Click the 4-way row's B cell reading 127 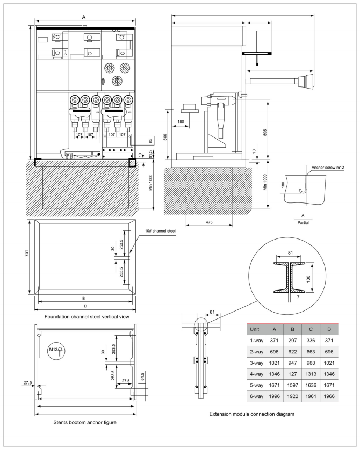pyautogui.click(x=292, y=374)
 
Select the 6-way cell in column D pyautogui.click(x=329, y=396)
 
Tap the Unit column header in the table pyautogui.click(x=254, y=329)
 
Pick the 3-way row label pyautogui.click(x=256, y=363)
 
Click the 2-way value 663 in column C pyautogui.click(x=311, y=352)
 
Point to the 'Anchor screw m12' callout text pyautogui.click(x=328, y=168)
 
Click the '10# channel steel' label pyautogui.click(x=160, y=231)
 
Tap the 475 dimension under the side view pyautogui.click(x=209, y=222)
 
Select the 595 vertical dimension pyautogui.click(x=265, y=132)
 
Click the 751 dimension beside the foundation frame pyautogui.click(x=26, y=253)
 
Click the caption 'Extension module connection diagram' pyautogui.click(x=252, y=414)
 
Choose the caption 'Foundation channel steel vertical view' pyautogui.click(x=87, y=317)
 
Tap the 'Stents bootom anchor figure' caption pyautogui.click(x=85, y=422)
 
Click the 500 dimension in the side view pyautogui.click(x=164, y=137)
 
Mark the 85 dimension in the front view pyautogui.click(x=150, y=141)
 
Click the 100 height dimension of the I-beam pyautogui.click(x=308, y=279)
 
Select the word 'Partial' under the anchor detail pyautogui.click(x=303, y=222)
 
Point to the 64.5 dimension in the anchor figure pyautogui.click(x=142, y=376)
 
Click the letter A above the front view pyautogui.click(x=84, y=17)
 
